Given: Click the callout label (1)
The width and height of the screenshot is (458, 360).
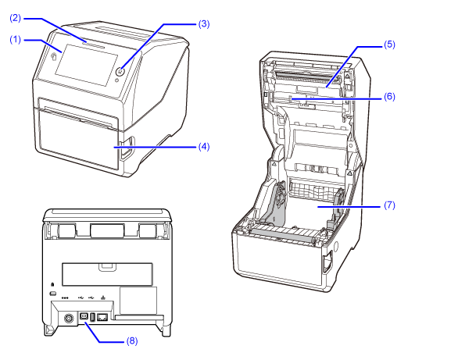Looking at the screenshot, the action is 16,39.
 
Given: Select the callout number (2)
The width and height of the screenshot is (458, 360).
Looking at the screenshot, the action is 16,18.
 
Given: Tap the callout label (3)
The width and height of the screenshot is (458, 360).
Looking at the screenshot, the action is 204,23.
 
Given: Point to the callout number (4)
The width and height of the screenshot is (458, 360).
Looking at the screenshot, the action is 204,147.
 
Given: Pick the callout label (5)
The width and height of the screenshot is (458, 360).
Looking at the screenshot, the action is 389,45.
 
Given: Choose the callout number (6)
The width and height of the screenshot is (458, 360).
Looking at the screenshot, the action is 389,97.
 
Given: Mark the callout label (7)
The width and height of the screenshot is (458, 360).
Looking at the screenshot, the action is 389,205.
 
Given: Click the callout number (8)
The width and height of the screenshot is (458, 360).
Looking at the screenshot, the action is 132,340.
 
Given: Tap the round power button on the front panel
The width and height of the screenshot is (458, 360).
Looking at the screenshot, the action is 120,71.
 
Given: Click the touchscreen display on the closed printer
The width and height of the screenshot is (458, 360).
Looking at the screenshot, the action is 87,65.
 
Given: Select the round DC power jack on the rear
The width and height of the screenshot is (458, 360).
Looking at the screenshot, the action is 69,319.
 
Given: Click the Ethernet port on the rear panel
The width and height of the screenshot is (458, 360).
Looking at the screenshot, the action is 102,317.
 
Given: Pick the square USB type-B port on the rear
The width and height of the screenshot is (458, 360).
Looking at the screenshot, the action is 84,317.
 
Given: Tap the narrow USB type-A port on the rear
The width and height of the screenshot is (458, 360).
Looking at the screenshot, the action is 92,317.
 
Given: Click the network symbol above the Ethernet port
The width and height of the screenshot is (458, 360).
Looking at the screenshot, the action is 102,298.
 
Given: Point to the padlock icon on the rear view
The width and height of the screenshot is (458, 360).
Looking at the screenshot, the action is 52,283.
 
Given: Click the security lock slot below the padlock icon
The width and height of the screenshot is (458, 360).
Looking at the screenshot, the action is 52,293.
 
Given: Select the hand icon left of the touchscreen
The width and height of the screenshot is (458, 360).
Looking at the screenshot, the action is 54,56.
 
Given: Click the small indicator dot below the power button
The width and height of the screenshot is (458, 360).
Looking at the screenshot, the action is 116,80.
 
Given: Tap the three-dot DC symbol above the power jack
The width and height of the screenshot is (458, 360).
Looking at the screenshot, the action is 65,298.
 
